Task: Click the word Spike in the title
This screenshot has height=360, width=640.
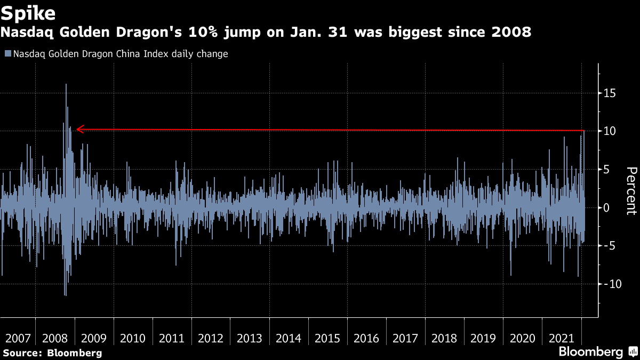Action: coord(29,12)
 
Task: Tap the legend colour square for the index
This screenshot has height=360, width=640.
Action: coord(7,54)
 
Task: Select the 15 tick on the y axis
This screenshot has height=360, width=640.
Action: coord(610,93)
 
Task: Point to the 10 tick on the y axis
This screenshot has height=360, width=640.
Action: coord(610,131)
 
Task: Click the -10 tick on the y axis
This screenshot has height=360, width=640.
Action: coord(612,284)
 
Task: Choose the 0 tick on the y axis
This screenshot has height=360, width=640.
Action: coord(606,207)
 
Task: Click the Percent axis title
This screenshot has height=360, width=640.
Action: coord(631,190)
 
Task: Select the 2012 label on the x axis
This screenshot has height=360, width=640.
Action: coord(211,338)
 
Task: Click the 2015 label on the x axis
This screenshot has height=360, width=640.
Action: coord(327,338)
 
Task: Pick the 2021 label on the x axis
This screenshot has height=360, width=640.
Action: coord(561,338)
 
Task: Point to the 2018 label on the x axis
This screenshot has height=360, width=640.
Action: coord(444,338)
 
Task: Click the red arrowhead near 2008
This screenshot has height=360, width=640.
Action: coord(79,129)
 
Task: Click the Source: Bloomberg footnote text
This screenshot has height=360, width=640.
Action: coord(52,353)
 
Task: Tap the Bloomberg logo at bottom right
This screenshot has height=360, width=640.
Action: coord(597,351)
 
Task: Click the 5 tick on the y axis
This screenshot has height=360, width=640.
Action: coord(606,170)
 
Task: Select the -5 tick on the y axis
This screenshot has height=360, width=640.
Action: coord(609,246)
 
